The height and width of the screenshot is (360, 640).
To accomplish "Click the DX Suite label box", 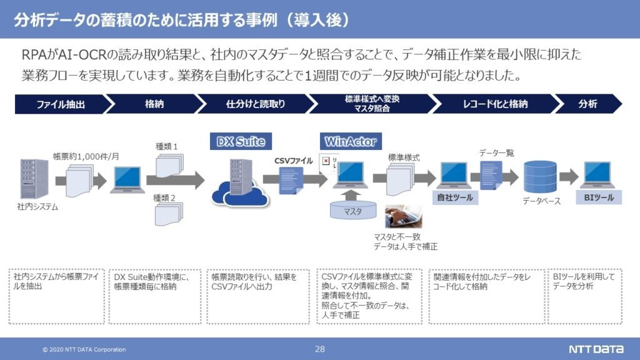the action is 241,141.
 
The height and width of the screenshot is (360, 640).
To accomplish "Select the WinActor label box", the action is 351,141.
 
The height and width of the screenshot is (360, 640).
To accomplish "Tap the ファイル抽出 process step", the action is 61,104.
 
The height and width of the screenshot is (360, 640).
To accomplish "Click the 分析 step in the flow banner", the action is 587,104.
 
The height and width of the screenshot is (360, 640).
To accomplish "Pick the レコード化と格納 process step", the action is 495,104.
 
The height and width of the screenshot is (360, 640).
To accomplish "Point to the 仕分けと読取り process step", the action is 256,104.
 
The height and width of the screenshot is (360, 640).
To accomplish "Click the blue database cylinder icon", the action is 540,177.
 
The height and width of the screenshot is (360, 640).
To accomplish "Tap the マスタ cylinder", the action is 353,210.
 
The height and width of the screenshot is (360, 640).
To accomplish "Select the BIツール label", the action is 599,197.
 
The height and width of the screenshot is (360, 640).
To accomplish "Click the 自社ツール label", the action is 455,197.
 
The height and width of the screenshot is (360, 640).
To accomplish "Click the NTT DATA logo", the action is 596,349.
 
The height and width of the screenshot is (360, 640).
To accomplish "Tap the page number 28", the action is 319,349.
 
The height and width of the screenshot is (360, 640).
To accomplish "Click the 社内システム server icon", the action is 34,179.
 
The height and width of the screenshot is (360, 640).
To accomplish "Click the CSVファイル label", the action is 294,161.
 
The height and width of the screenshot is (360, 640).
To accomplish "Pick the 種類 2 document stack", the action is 169,214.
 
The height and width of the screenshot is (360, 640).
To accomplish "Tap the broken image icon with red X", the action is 326,161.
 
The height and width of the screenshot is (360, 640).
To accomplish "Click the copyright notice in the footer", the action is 84,349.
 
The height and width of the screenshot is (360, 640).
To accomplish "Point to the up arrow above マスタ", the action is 351,195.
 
